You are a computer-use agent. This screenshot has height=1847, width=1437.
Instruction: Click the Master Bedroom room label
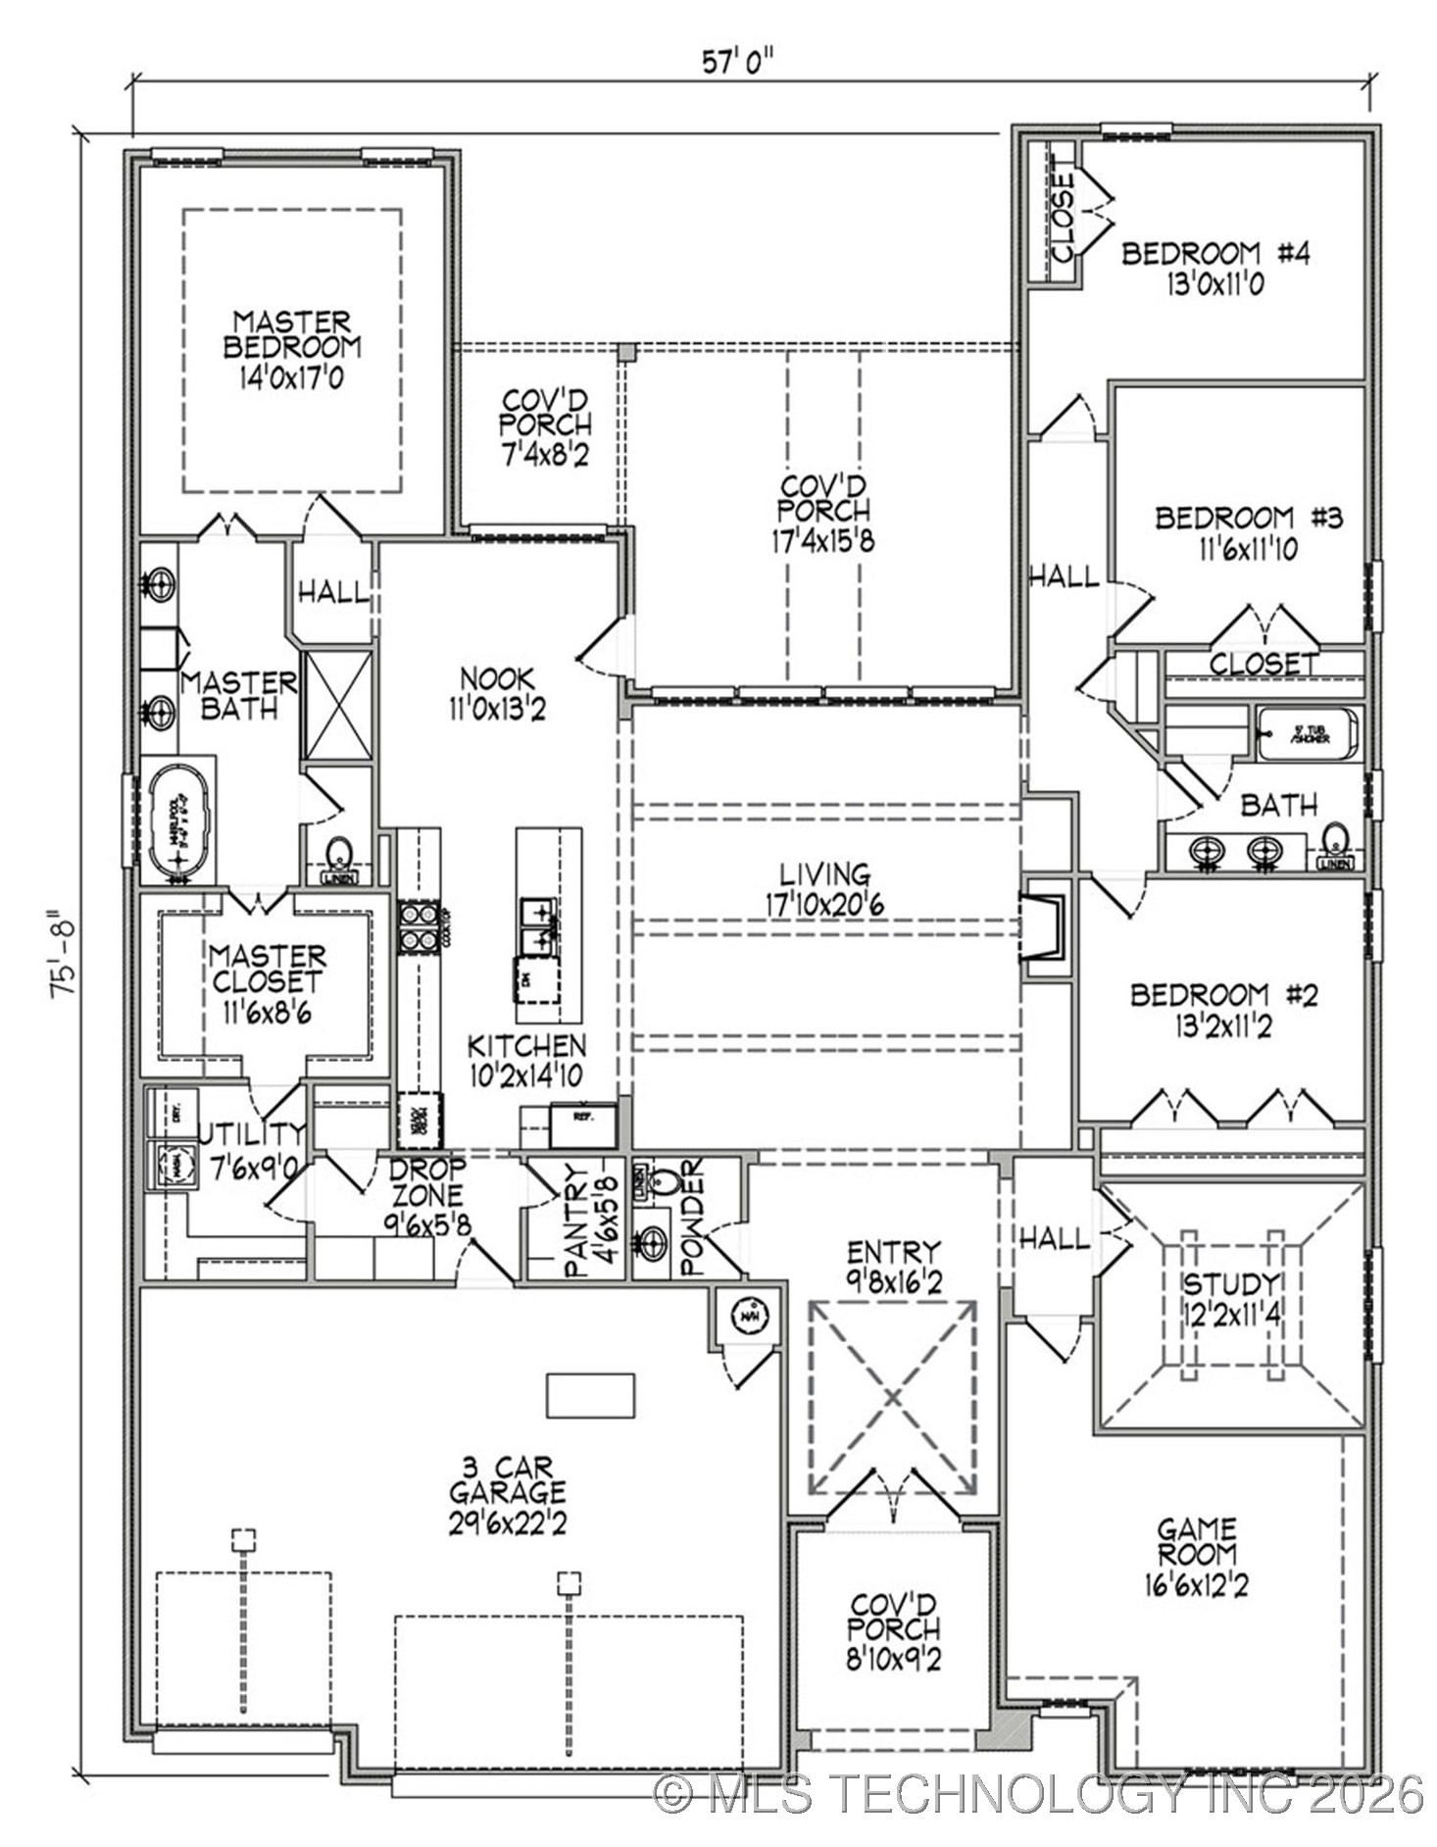(291, 334)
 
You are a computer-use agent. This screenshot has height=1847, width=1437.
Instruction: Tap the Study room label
(1230, 1284)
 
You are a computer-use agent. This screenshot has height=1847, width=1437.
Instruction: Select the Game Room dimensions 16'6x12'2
(1195, 1585)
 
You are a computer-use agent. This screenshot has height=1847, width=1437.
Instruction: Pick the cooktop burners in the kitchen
(418, 926)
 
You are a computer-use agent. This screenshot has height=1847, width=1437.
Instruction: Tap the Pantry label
(577, 1221)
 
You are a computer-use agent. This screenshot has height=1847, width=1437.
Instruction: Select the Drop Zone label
(427, 1182)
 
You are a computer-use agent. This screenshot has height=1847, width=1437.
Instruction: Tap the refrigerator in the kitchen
(582, 1125)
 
